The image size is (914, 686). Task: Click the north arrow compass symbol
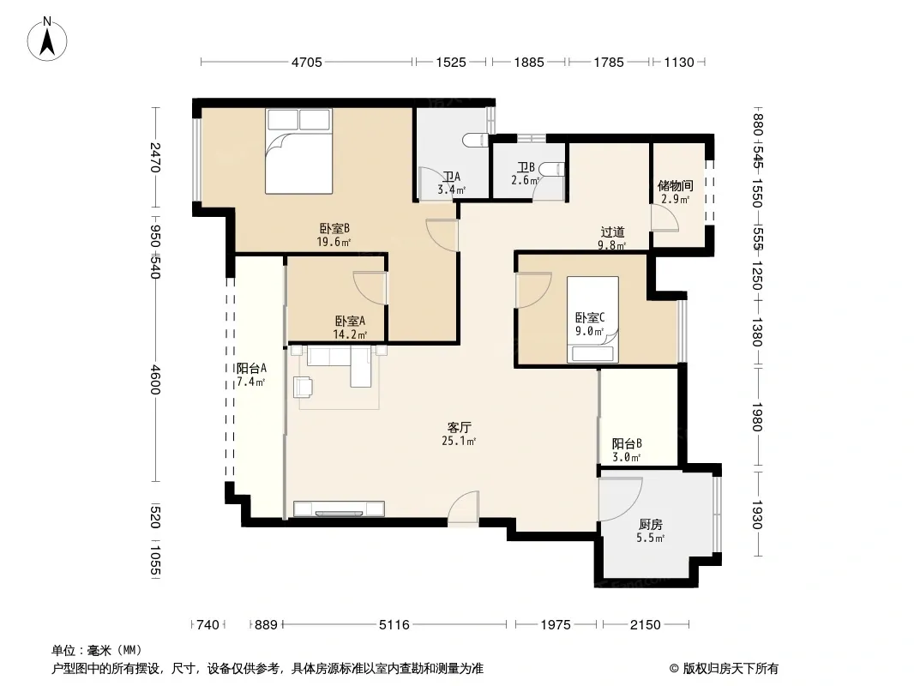[x=47, y=39]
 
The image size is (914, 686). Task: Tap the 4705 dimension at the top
[x=307, y=63]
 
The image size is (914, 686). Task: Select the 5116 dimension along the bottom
[x=394, y=625]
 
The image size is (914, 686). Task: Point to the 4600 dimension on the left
[x=155, y=379]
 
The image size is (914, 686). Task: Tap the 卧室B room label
[x=334, y=228]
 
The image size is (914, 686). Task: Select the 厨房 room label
[x=651, y=525]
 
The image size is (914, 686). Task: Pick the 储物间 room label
[x=676, y=186]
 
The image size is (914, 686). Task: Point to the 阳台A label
[x=251, y=369]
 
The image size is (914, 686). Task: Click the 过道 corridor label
[x=613, y=232]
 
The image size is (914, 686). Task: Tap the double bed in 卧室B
[x=299, y=152]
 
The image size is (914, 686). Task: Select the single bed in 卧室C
[x=592, y=319]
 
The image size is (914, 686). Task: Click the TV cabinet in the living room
[x=339, y=508]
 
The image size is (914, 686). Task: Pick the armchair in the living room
[x=304, y=387]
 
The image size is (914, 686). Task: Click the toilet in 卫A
[x=474, y=141]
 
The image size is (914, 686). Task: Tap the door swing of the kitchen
[x=620, y=499]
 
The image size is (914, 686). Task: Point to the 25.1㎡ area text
[x=460, y=442]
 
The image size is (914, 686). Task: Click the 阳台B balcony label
[x=628, y=444]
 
